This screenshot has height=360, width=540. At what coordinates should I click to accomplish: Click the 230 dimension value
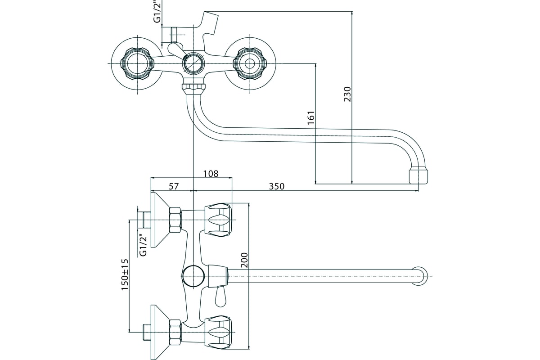pos(347,94)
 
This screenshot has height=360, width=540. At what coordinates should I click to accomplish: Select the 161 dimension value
pos(311,117)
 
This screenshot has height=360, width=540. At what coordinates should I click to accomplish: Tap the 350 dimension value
pos(276,186)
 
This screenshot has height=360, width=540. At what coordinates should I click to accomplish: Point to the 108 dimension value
pos(211,174)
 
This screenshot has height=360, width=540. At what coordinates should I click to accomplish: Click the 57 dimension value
pos(174,186)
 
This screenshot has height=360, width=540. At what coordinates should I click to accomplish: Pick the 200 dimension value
pos(244,260)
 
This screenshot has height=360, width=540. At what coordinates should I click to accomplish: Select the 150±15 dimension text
pos(125,274)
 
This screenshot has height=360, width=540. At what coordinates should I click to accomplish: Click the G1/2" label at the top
pos(157,11)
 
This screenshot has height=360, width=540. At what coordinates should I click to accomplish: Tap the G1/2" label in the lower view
pos(143,246)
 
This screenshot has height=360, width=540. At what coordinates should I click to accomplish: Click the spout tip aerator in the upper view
pos(418,176)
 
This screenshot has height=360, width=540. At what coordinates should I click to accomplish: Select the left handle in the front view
pos(137,63)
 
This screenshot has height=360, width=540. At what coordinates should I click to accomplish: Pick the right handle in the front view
pos(250,63)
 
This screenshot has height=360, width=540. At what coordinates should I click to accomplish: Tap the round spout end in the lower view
pos(420,276)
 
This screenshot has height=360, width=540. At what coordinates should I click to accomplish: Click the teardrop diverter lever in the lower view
pos(220,297)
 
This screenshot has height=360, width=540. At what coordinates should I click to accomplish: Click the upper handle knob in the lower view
pos(218,220)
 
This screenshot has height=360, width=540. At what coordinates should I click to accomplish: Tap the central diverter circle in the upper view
pos(193,63)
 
